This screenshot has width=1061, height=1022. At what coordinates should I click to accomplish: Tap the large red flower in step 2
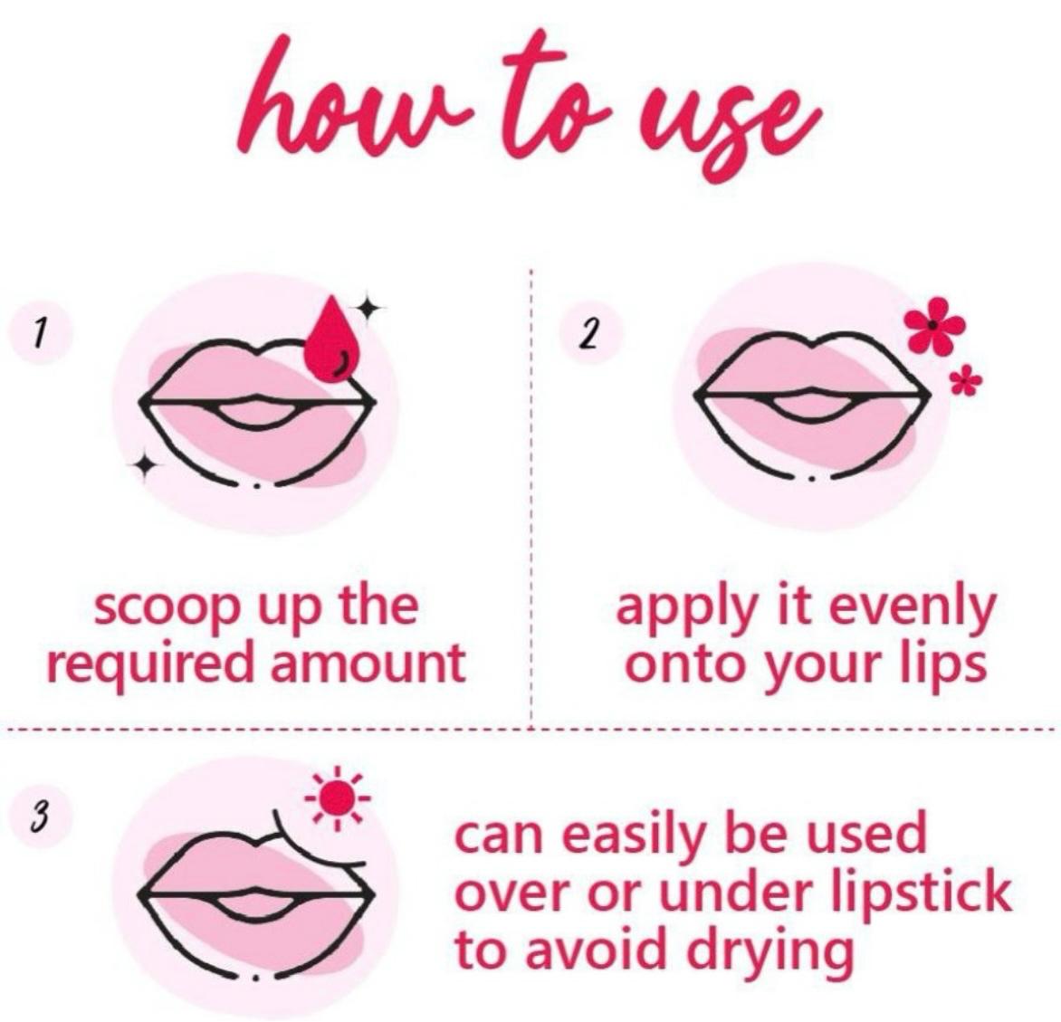934,325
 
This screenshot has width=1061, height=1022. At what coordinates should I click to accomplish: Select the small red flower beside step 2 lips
966,381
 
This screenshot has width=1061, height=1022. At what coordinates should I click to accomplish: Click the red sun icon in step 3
337,798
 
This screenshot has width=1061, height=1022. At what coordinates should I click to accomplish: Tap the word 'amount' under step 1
368,663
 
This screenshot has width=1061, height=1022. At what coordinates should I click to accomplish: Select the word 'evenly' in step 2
912,609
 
